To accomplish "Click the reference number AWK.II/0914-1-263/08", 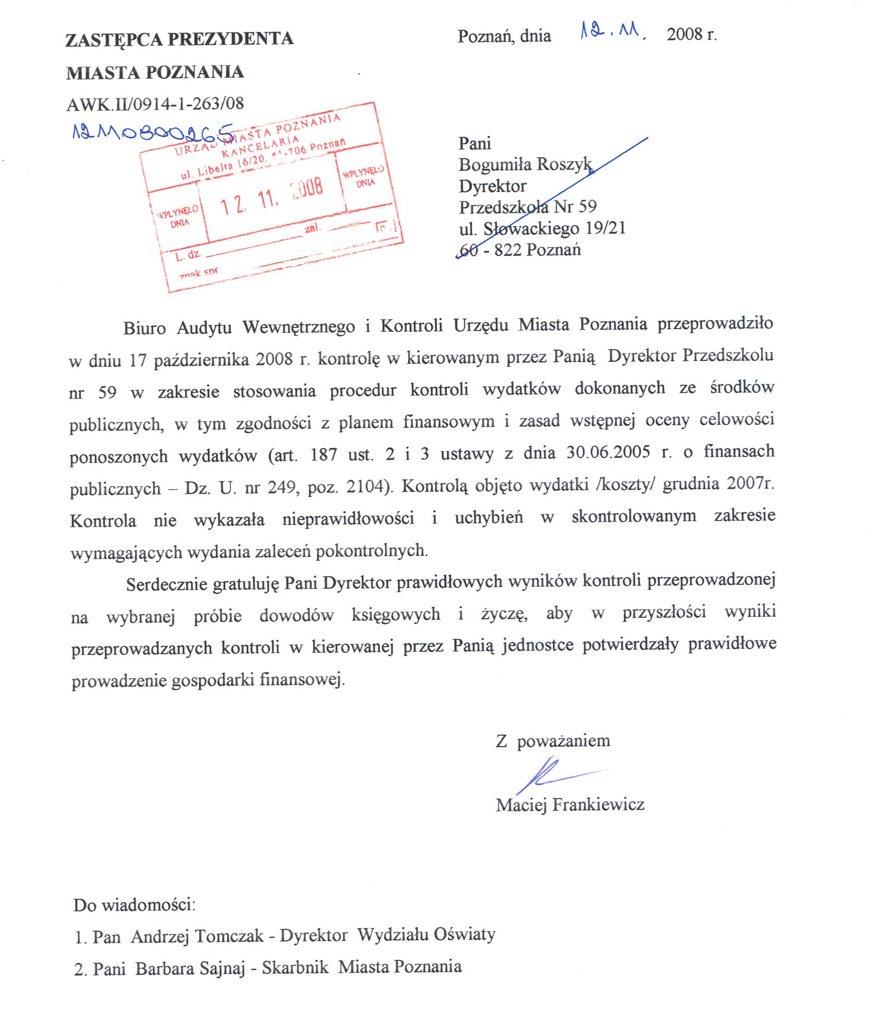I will click(x=155, y=104).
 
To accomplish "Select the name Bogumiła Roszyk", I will click(x=525, y=165).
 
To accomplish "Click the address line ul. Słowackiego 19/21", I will click(x=542, y=228).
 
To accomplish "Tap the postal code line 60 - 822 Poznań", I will click(x=520, y=250).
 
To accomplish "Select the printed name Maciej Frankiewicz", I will click(x=569, y=805).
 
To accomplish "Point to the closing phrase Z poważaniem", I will click(x=553, y=741).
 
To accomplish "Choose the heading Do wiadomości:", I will click(x=134, y=905).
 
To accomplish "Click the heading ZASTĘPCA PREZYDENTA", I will click(x=179, y=39).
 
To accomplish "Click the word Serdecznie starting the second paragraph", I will click(x=167, y=584).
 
